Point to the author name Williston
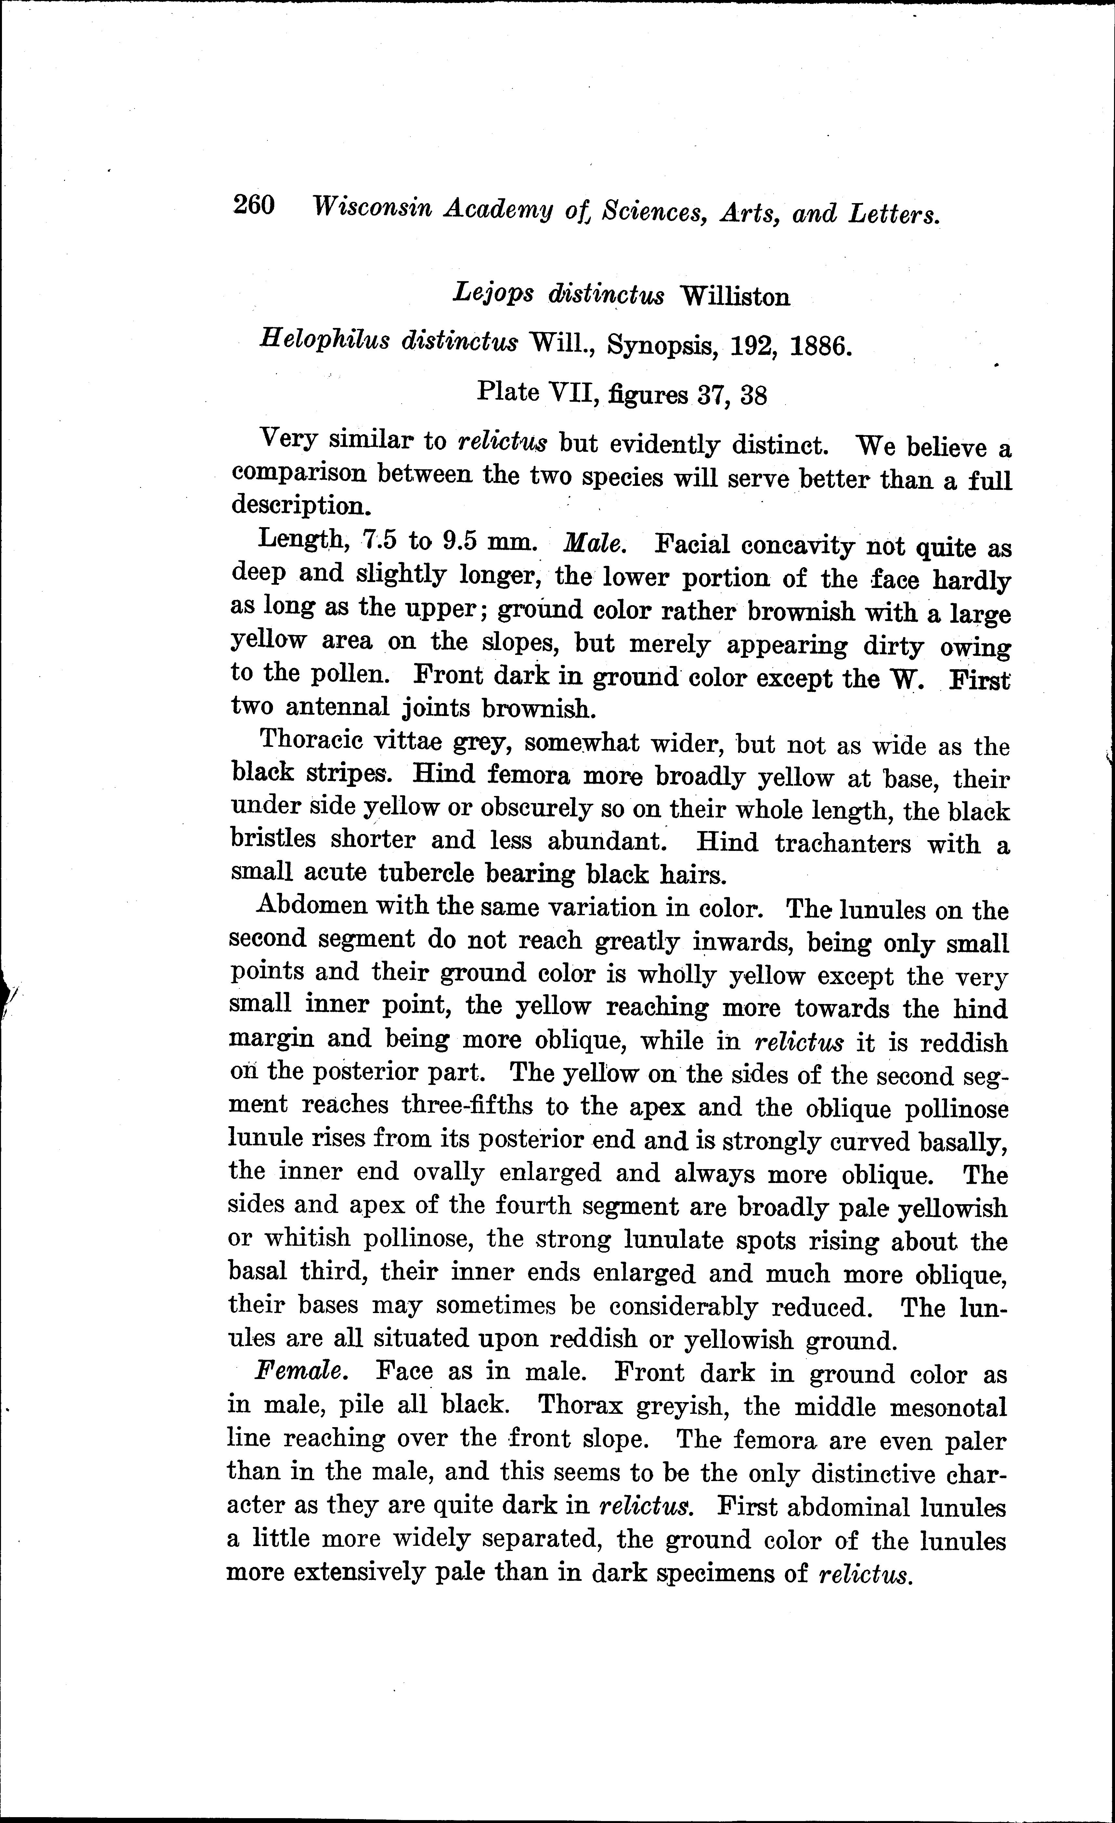tap(735, 297)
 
